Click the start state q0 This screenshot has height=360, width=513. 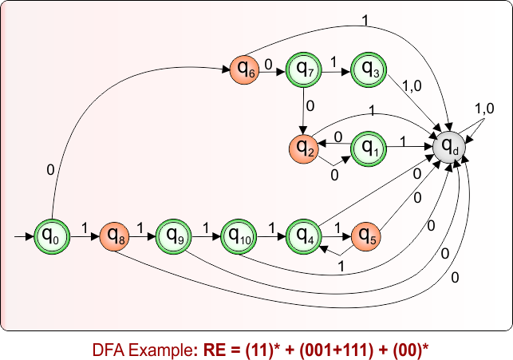pos(51,236)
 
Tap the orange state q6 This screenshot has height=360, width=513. pos(244,70)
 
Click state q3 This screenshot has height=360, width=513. pos(370,70)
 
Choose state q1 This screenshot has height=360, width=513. pos(369,148)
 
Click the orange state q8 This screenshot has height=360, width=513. pos(115,236)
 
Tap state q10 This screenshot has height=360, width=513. pos(238,236)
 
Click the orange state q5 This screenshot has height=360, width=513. pos(368,236)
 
